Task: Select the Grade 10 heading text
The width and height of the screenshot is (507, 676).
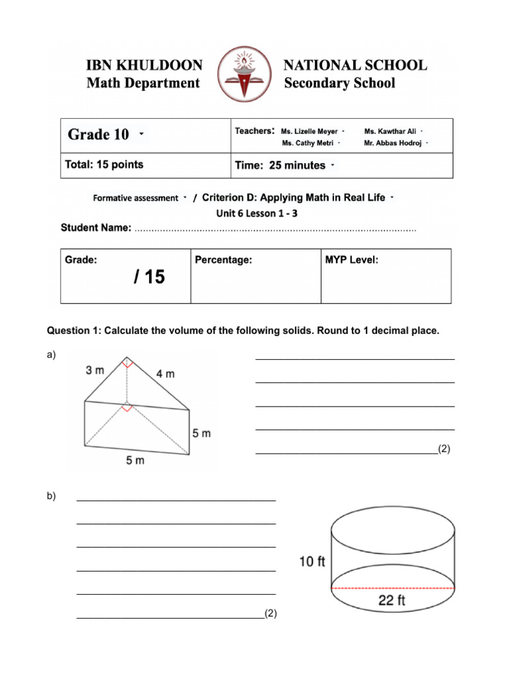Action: pyautogui.click(x=99, y=135)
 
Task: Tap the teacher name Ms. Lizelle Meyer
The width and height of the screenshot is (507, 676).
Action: pyautogui.click(x=309, y=131)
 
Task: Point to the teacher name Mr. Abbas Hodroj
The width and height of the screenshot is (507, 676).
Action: pyautogui.click(x=393, y=143)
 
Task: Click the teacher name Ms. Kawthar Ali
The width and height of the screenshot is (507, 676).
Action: pyautogui.click(x=389, y=131)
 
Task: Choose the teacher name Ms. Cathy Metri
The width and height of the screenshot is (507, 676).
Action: pyautogui.click(x=307, y=143)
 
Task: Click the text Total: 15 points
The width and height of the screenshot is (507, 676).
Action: pyautogui.click(x=104, y=164)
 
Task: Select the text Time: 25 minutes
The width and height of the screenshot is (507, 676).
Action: pyautogui.click(x=281, y=166)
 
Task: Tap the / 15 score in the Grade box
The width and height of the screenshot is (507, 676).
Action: pyautogui.click(x=149, y=277)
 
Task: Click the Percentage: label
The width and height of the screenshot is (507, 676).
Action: pyautogui.click(x=224, y=260)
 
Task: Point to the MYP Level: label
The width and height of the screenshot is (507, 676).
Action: pyautogui.click(x=352, y=260)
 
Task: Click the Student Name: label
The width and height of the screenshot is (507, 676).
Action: pyautogui.click(x=96, y=228)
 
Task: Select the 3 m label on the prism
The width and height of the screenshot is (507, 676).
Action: pyautogui.click(x=95, y=371)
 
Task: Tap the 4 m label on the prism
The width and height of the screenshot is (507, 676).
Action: pyautogui.click(x=166, y=374)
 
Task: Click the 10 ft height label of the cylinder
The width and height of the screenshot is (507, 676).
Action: pyautogui.click(x=312, y=562)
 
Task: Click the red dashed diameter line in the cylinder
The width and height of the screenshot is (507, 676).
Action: pyautogui.click(x=393, y=587)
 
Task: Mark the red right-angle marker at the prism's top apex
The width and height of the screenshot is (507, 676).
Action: pyautogui.click(x=127, y=362)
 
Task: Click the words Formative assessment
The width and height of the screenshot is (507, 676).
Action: pyautogui.click(x=136, y=197)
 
